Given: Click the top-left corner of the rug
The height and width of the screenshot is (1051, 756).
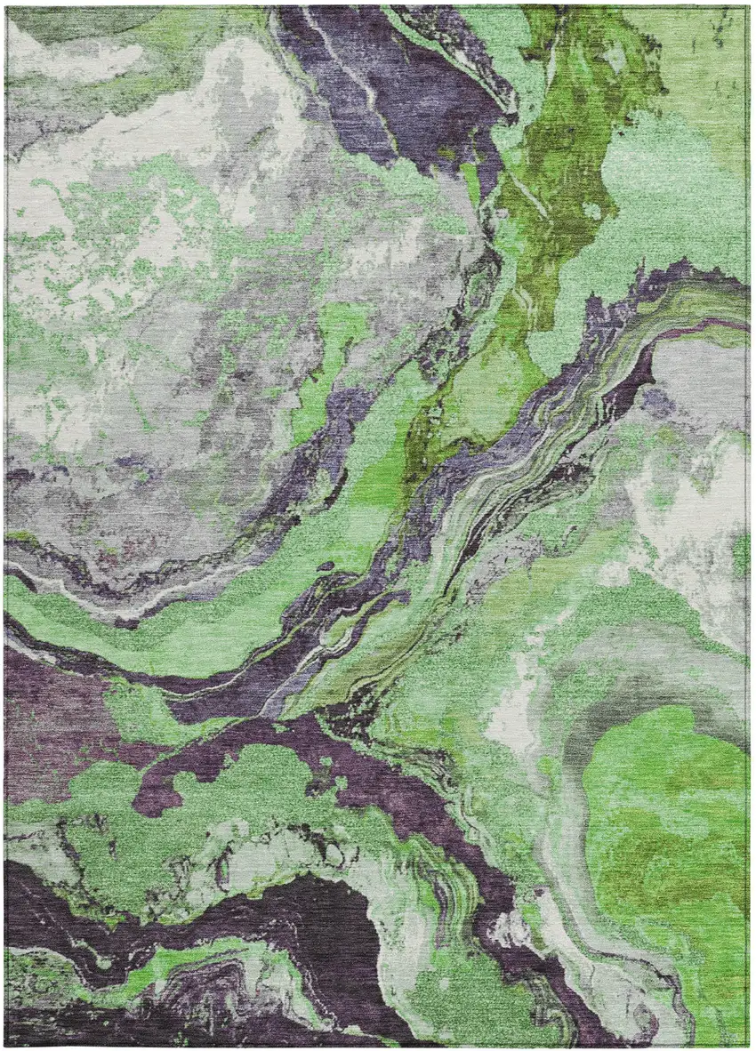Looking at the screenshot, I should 6,7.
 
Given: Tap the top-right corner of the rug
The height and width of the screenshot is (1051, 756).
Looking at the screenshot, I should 749,7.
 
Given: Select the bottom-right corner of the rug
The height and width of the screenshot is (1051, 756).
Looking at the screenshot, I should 749,1044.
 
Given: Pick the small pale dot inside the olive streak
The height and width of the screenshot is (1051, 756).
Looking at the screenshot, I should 591,211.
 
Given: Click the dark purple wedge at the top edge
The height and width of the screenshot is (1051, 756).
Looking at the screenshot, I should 400,71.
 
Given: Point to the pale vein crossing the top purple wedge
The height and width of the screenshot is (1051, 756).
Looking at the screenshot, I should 356,62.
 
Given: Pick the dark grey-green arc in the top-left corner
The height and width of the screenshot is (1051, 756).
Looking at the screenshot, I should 53,27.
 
